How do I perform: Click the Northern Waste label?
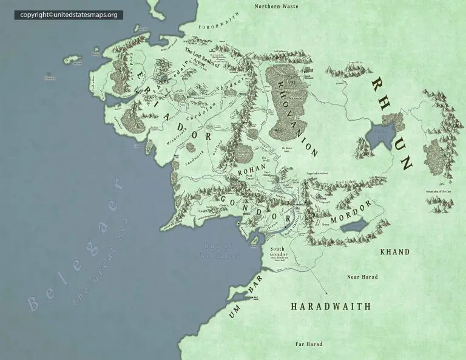pyautogui.click(x=276, y=7)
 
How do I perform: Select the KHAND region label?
pyautogui.click(x=394, y=251)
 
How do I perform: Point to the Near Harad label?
pyautogui.click(x=362, y=277)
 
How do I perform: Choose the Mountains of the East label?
pyautogui.click(x=441, y=191)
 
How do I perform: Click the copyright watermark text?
pyautogui.click(x=69, y=15)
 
